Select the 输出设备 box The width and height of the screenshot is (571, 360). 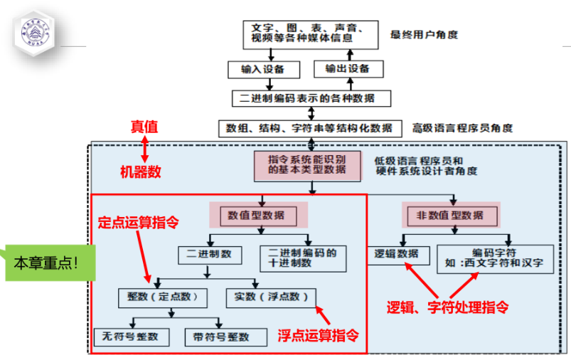pos(348,69)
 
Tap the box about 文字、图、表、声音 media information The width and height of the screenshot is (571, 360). pos(308,33)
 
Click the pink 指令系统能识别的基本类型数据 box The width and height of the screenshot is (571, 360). pos(307,165)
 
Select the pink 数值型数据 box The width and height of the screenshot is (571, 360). pos(258,215)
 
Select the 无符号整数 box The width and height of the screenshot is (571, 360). pos(132,336)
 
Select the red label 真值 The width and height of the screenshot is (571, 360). pos(144,127)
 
